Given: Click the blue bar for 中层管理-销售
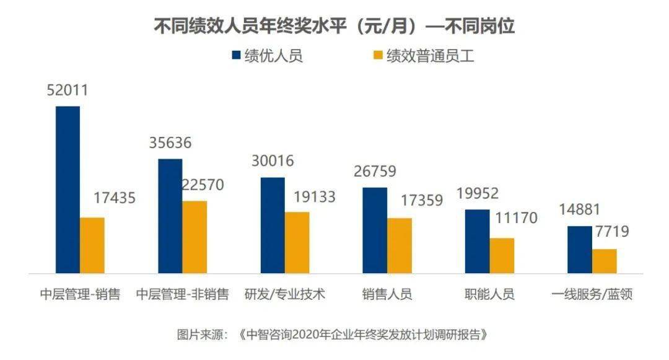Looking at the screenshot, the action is (x=68, y=190).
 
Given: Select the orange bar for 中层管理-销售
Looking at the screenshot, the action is (x=92, y=245).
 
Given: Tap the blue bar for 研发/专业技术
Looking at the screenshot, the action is (x=273, y=225).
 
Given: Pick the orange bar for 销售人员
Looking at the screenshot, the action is (x=400, y=246).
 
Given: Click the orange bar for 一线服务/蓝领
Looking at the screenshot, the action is (x=605, y=261).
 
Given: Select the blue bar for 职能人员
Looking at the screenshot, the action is (x=477, y=242).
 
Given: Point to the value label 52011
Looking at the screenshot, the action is (x=68, y=90).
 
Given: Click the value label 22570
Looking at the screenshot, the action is (x=203, y=185).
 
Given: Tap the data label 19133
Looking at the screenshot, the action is (x=315, y=196).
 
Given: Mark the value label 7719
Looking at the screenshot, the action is (x=612, y=231).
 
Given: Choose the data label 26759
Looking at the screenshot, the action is (x=375, y=171).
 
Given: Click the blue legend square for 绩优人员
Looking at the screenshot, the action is (x=237, y=55).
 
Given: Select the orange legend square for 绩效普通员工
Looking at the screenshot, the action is (x=378, y=55).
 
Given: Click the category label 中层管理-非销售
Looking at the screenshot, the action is (x=183, y=294).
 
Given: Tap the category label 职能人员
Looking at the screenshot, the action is (x=490, y=294).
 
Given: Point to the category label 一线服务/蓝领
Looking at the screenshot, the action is (x=592, y=294).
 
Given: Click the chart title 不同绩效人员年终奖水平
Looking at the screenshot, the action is (x=250, y=26).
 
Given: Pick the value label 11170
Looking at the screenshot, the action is (x=516, y=218).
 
